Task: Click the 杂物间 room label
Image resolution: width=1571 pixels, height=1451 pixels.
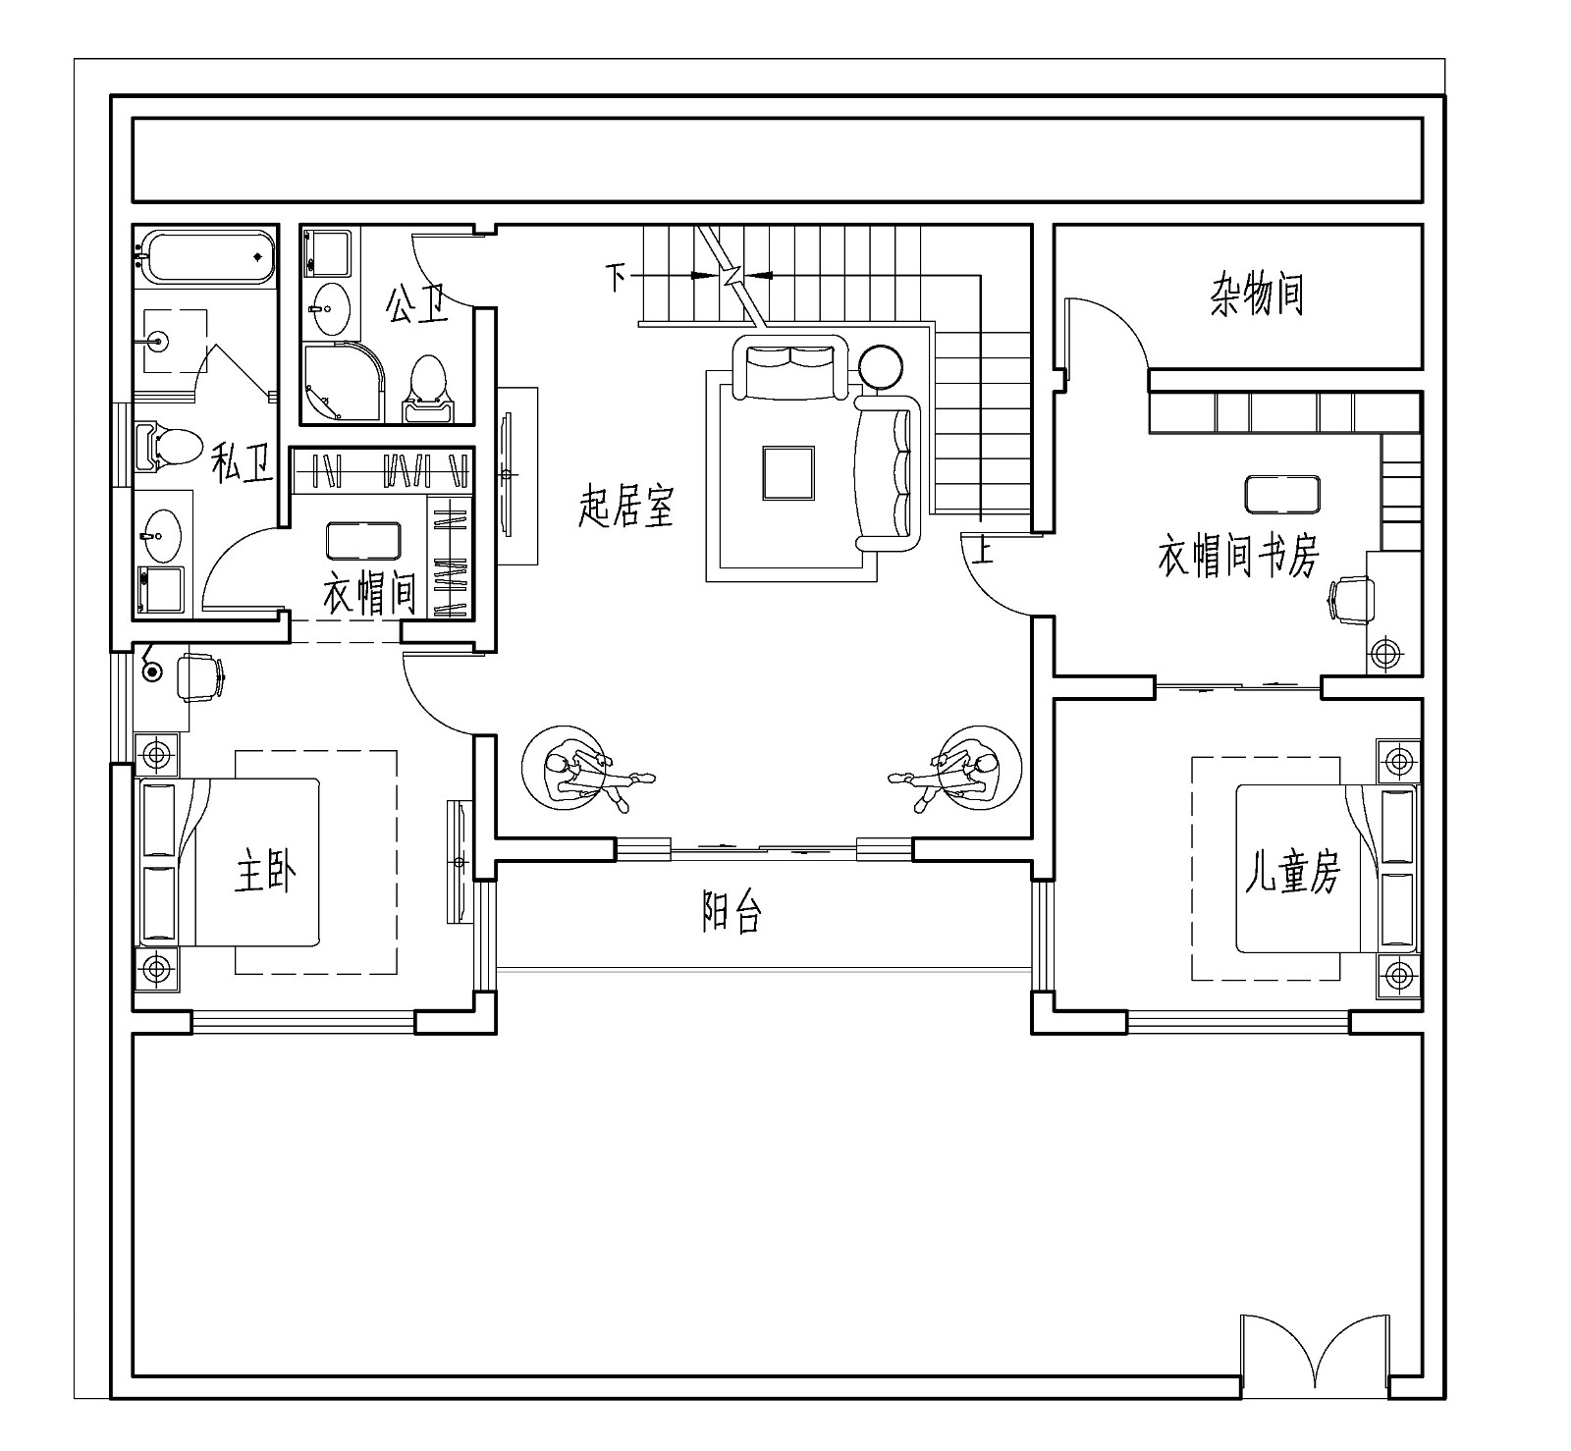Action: pos(1256,295)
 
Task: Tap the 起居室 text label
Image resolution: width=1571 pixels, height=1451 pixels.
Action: pos(625,507)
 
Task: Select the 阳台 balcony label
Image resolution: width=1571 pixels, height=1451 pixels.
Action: pos(731,912)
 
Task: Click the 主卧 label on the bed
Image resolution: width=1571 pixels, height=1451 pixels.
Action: pos(264,871)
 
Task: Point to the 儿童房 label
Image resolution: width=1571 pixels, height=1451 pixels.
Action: pos(1291,871)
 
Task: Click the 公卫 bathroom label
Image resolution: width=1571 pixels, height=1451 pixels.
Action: pos(416,305)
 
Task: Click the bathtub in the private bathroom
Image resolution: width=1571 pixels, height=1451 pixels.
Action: pos(203,257)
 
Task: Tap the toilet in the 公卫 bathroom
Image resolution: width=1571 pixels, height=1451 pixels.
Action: pos(427,383)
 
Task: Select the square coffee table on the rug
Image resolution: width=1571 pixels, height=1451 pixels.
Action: pos(788,473)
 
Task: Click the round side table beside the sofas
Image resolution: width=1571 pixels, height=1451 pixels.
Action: pos(880,367)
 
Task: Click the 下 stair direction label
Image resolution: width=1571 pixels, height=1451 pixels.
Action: pos(615,278)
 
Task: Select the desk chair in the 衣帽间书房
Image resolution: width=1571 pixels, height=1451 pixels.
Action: pos(1351,599)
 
